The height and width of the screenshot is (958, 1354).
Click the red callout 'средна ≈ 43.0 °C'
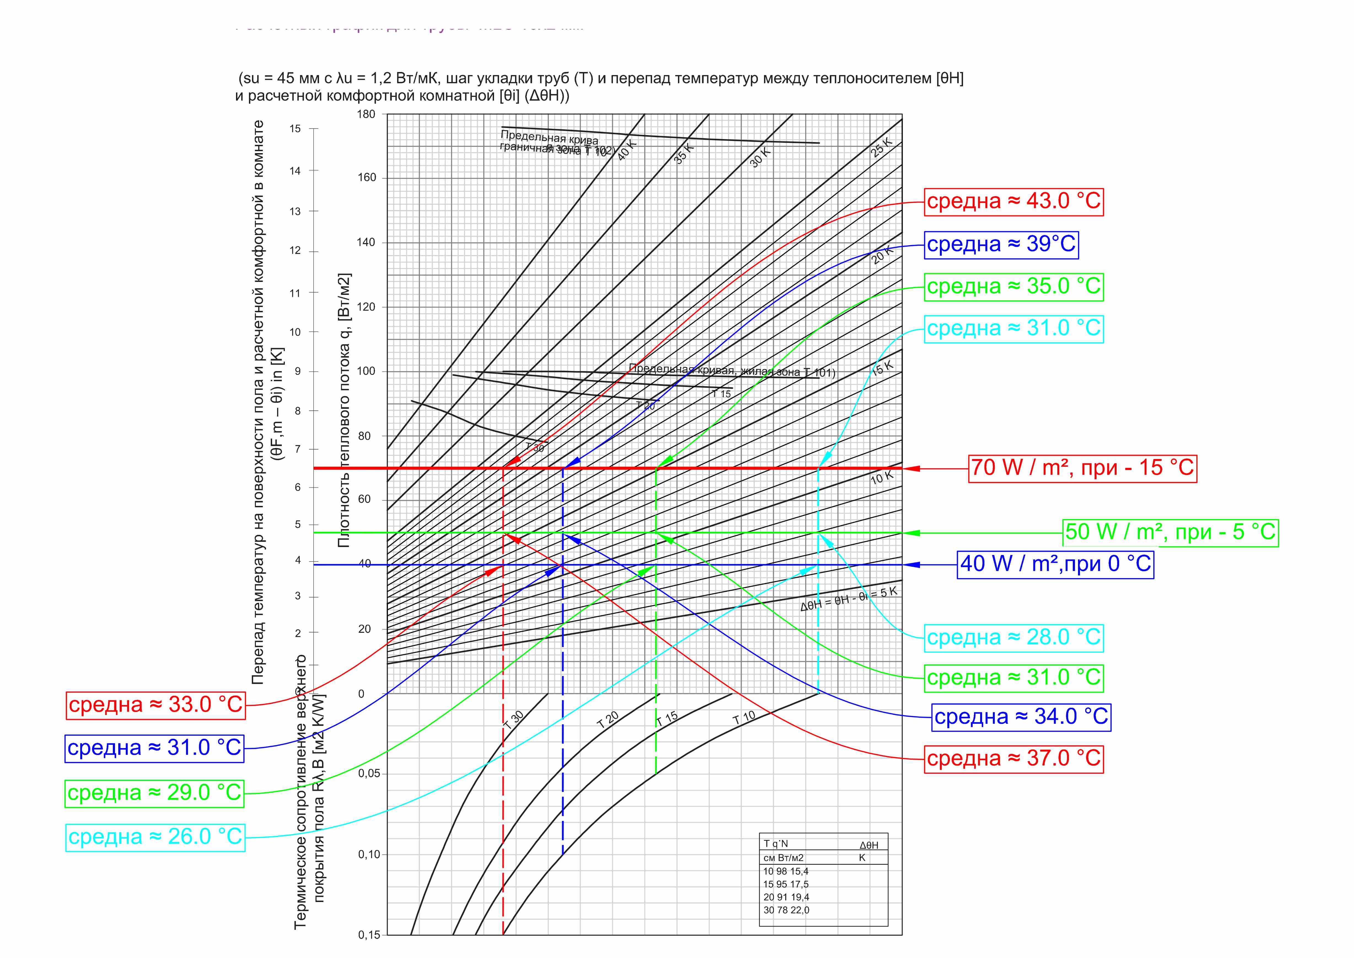tap(1013, 201)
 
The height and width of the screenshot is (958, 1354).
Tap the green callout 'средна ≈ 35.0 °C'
tap(1013, 287)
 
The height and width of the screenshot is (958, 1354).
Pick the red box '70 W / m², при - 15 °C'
tap(1082, 468)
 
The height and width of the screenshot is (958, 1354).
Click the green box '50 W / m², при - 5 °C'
tap(1171, 532)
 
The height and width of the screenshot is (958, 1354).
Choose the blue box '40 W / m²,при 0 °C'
tap(1055, 564)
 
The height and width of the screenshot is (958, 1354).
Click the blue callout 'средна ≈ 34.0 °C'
tap(1021, 717)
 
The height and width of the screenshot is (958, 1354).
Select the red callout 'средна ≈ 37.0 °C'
tap(1013, 759)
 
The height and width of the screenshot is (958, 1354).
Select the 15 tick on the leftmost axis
tap(295, 129)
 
